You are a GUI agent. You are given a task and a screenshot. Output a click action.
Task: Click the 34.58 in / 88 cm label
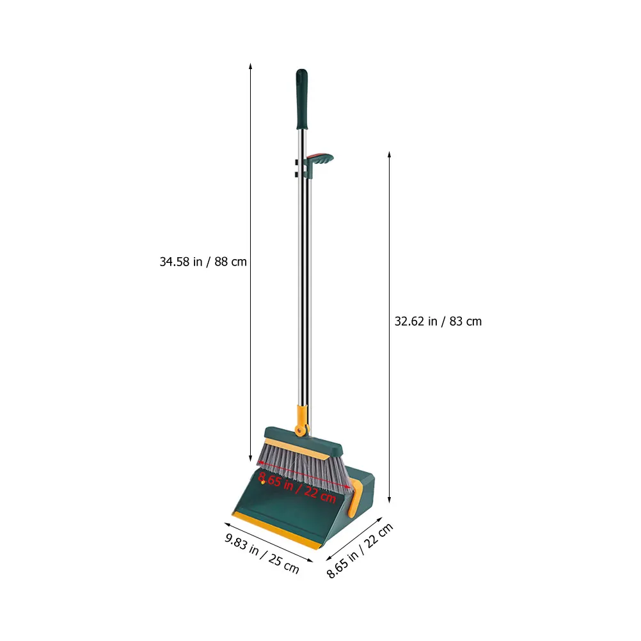(203, 262)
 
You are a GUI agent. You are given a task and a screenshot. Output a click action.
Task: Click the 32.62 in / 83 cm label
(438, 321)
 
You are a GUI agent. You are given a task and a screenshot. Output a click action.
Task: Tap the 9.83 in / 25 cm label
(262, 553)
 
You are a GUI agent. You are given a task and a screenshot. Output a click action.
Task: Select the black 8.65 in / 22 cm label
(360, 550)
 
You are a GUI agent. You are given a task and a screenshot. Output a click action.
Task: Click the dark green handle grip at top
(302, 99)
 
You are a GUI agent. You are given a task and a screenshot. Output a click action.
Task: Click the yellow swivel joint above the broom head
(301, 421)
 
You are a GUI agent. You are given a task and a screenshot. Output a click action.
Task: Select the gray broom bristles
(303, 468)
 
